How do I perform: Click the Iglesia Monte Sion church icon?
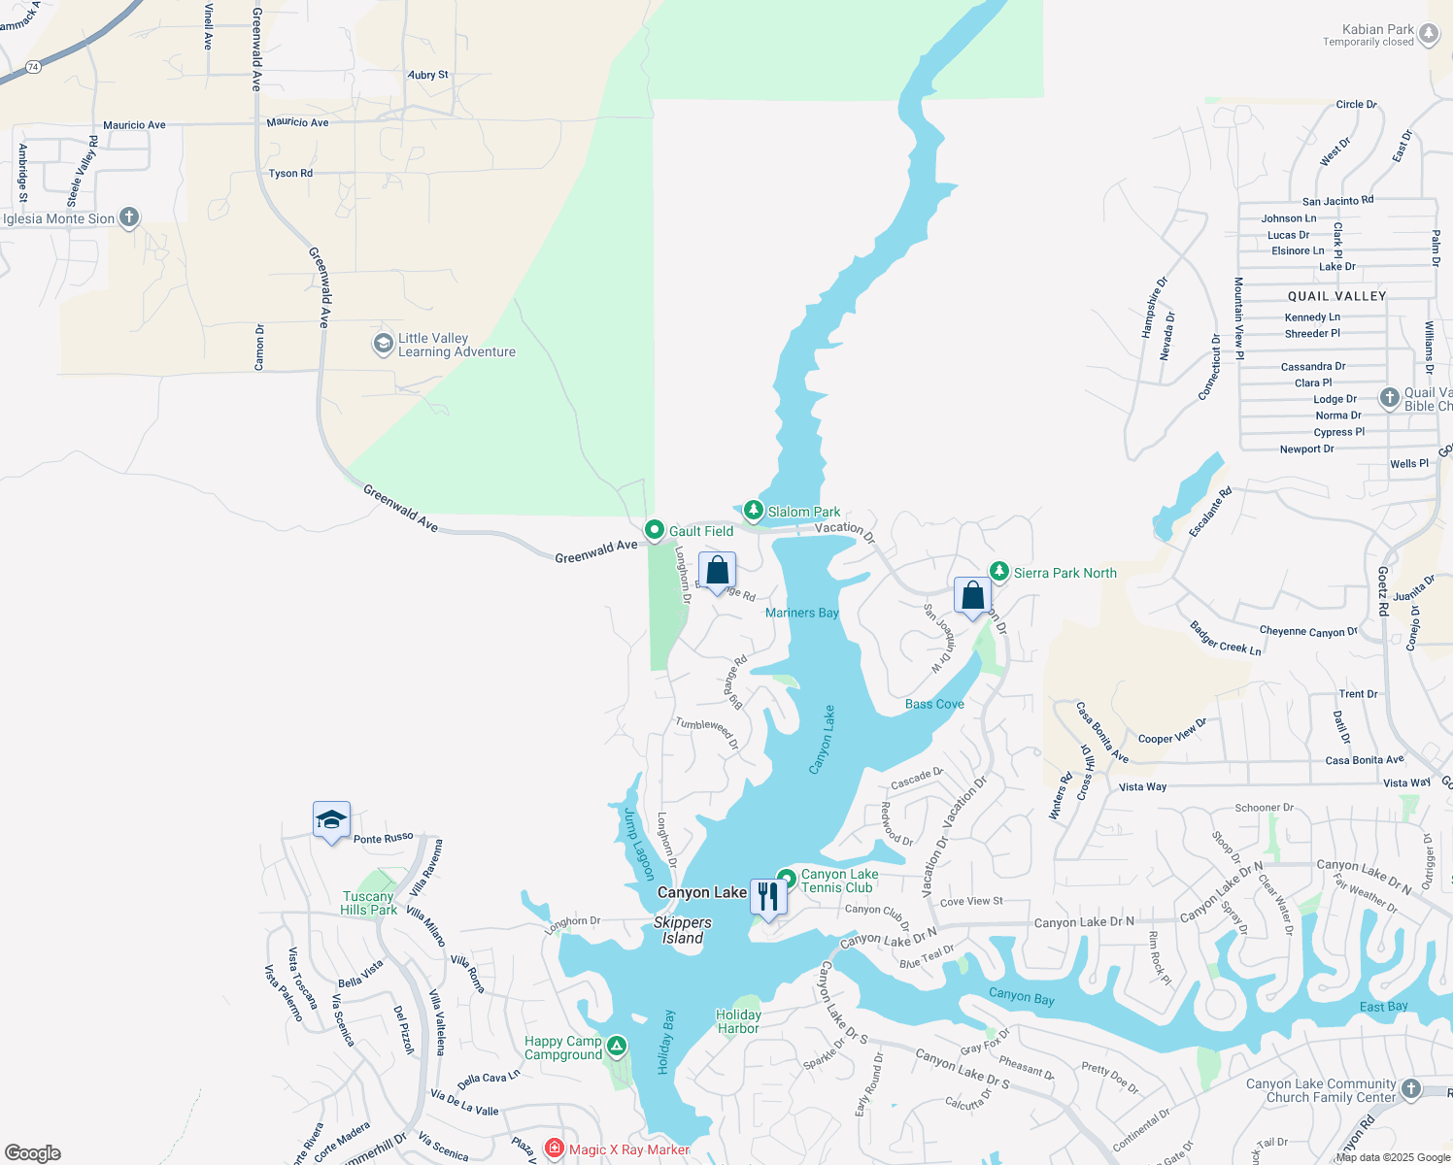tap(128, 217)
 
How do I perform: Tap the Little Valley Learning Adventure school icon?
tap(384, 344)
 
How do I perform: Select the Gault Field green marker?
tap(655, 530)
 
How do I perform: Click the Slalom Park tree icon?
tap(753, 510)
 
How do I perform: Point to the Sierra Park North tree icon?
tap(998, 571)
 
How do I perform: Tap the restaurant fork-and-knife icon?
tap(768, 896)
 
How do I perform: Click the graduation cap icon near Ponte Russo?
tap(331, 819)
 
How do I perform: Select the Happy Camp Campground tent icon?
tap(617, 1047)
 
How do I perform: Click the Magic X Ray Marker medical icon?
tap(555, 1149)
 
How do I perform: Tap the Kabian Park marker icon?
tap(1428, 35)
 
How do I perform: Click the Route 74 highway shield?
tap(34, 67)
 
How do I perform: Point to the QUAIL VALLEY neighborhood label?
tap(1336, 296)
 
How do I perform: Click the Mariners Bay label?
tap(801, 613)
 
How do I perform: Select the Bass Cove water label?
tap(934, 704)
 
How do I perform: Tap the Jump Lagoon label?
tap(638, 844)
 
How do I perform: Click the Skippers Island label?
tap(683, 930)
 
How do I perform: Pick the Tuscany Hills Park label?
tap(368, 903)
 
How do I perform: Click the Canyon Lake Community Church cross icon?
tap(1411, 1089)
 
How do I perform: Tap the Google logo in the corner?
tap(32, 1153)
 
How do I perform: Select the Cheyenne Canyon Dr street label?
tap(1307, 632)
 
